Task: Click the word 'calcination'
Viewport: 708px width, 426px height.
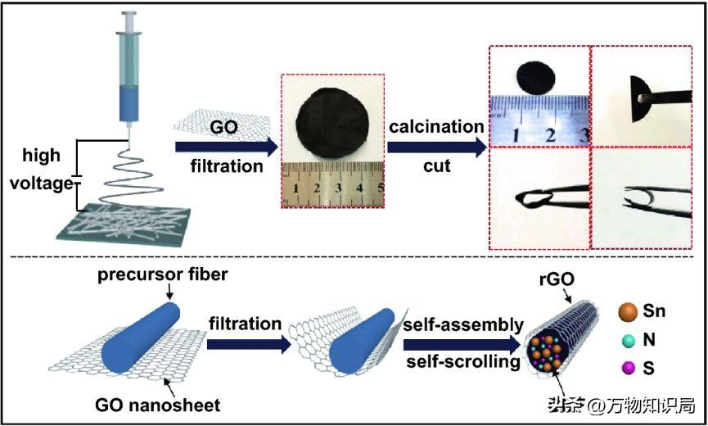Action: pyautogui.click(x=436, y=127)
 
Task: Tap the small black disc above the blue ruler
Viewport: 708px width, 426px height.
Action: pyautogui.click(x=535, y=78)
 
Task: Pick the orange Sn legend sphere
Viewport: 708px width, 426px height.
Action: pyautogui.click(x=628, y=312)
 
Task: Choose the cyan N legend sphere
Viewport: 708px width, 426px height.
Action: pyautogui.click(x=628, y=339)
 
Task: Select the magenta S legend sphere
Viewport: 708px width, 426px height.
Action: pyautogui.click(x=628, y=367)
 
